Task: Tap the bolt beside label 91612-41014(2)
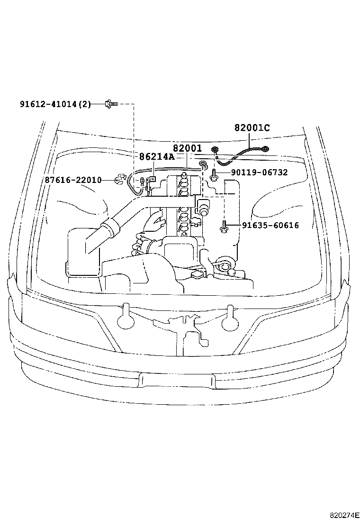111,103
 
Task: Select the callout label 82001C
252,127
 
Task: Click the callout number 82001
187,148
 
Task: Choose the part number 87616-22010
73,180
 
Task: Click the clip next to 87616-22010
119,180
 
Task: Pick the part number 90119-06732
259,173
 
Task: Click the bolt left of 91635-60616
224,227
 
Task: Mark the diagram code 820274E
345,516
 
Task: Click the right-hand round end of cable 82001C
266,149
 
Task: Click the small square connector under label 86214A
153,179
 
